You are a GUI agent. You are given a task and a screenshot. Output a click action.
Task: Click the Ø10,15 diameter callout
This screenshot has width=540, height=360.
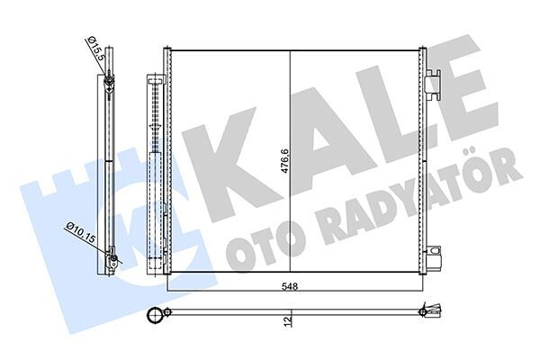(80, 232)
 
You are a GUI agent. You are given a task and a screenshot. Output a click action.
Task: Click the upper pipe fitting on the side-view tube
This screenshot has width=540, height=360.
(108, 85)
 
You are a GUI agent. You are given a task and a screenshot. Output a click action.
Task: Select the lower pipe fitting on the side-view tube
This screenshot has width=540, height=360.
(112, 262)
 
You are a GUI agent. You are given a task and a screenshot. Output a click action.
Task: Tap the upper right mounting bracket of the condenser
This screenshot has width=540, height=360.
(433, 83)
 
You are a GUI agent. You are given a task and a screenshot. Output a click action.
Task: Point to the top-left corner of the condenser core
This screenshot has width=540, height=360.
(170, 50)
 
